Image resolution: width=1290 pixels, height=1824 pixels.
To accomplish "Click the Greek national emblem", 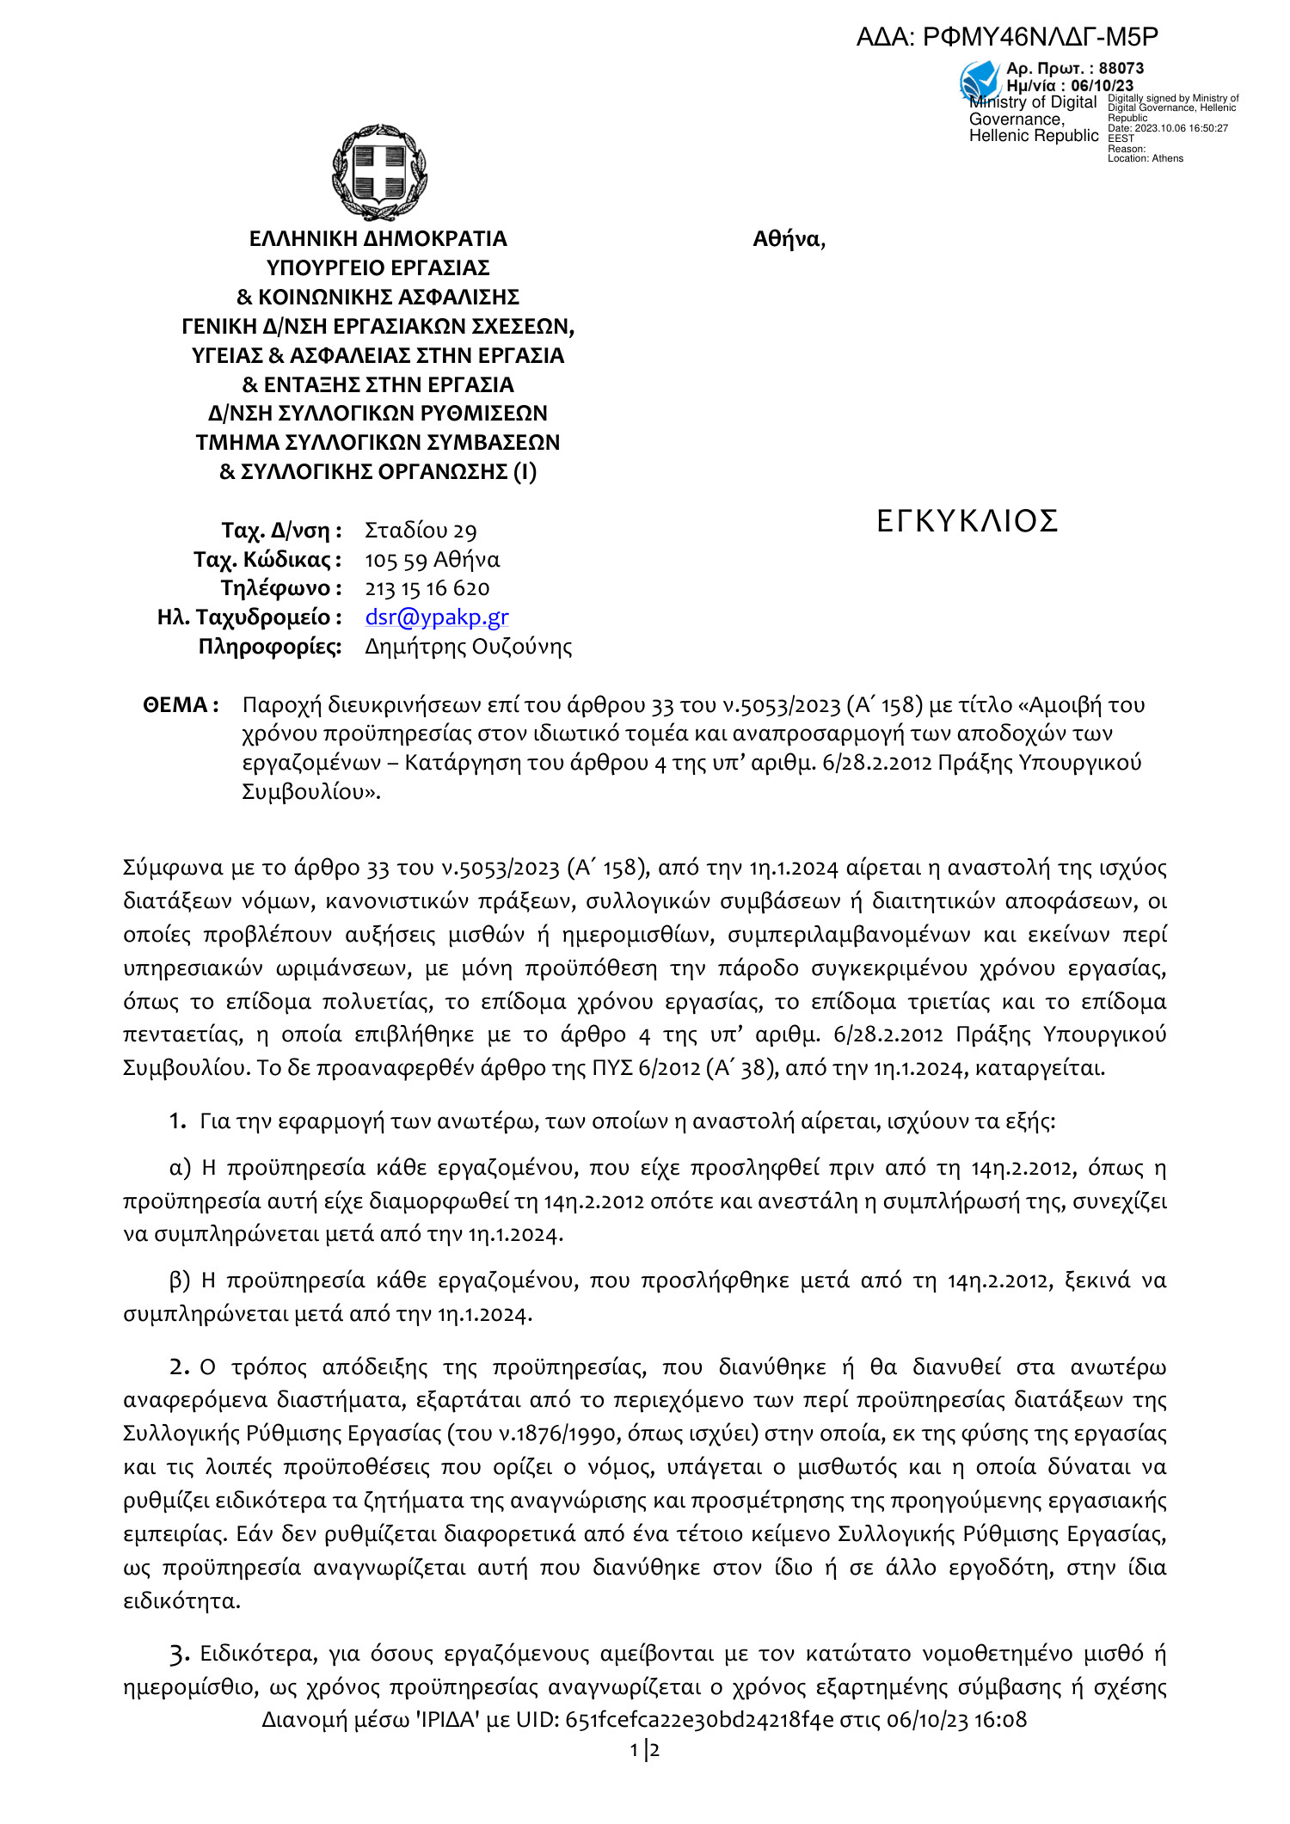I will pos(379,172).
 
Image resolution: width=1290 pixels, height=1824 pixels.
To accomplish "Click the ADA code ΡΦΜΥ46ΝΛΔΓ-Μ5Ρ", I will pos(1040,37).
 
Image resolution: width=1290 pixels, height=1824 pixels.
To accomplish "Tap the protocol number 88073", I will pos(1121,68).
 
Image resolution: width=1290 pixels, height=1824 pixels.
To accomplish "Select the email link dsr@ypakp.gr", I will pos(437,617).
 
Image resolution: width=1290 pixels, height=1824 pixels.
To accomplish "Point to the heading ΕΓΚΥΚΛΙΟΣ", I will pos(967,521).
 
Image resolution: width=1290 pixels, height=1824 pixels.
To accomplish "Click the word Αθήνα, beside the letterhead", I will pos(789,239).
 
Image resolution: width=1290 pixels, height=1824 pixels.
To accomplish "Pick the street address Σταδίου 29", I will pos(421,531).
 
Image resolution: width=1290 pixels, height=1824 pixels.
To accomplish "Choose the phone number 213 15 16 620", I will pos(427,588).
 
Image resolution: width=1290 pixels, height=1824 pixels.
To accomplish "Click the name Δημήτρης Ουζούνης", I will pos(468,646).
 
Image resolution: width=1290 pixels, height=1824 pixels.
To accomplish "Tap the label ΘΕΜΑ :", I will pos(181,705).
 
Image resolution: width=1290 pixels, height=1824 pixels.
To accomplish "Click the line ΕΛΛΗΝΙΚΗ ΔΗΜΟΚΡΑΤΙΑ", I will pos(378,238).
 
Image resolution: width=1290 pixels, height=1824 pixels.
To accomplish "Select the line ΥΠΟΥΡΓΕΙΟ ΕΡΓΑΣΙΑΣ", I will pos(378,267).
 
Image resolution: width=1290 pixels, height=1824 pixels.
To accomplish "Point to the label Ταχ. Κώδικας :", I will pos(267,560).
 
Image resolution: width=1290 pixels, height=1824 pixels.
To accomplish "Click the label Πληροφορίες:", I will pos(270,646).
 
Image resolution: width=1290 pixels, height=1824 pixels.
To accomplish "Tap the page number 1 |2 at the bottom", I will pos(645,1750).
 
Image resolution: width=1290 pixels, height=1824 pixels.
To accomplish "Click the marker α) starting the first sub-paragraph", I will pos(180,1168).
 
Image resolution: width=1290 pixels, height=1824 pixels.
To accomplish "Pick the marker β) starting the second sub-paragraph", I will pos(180,1280).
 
